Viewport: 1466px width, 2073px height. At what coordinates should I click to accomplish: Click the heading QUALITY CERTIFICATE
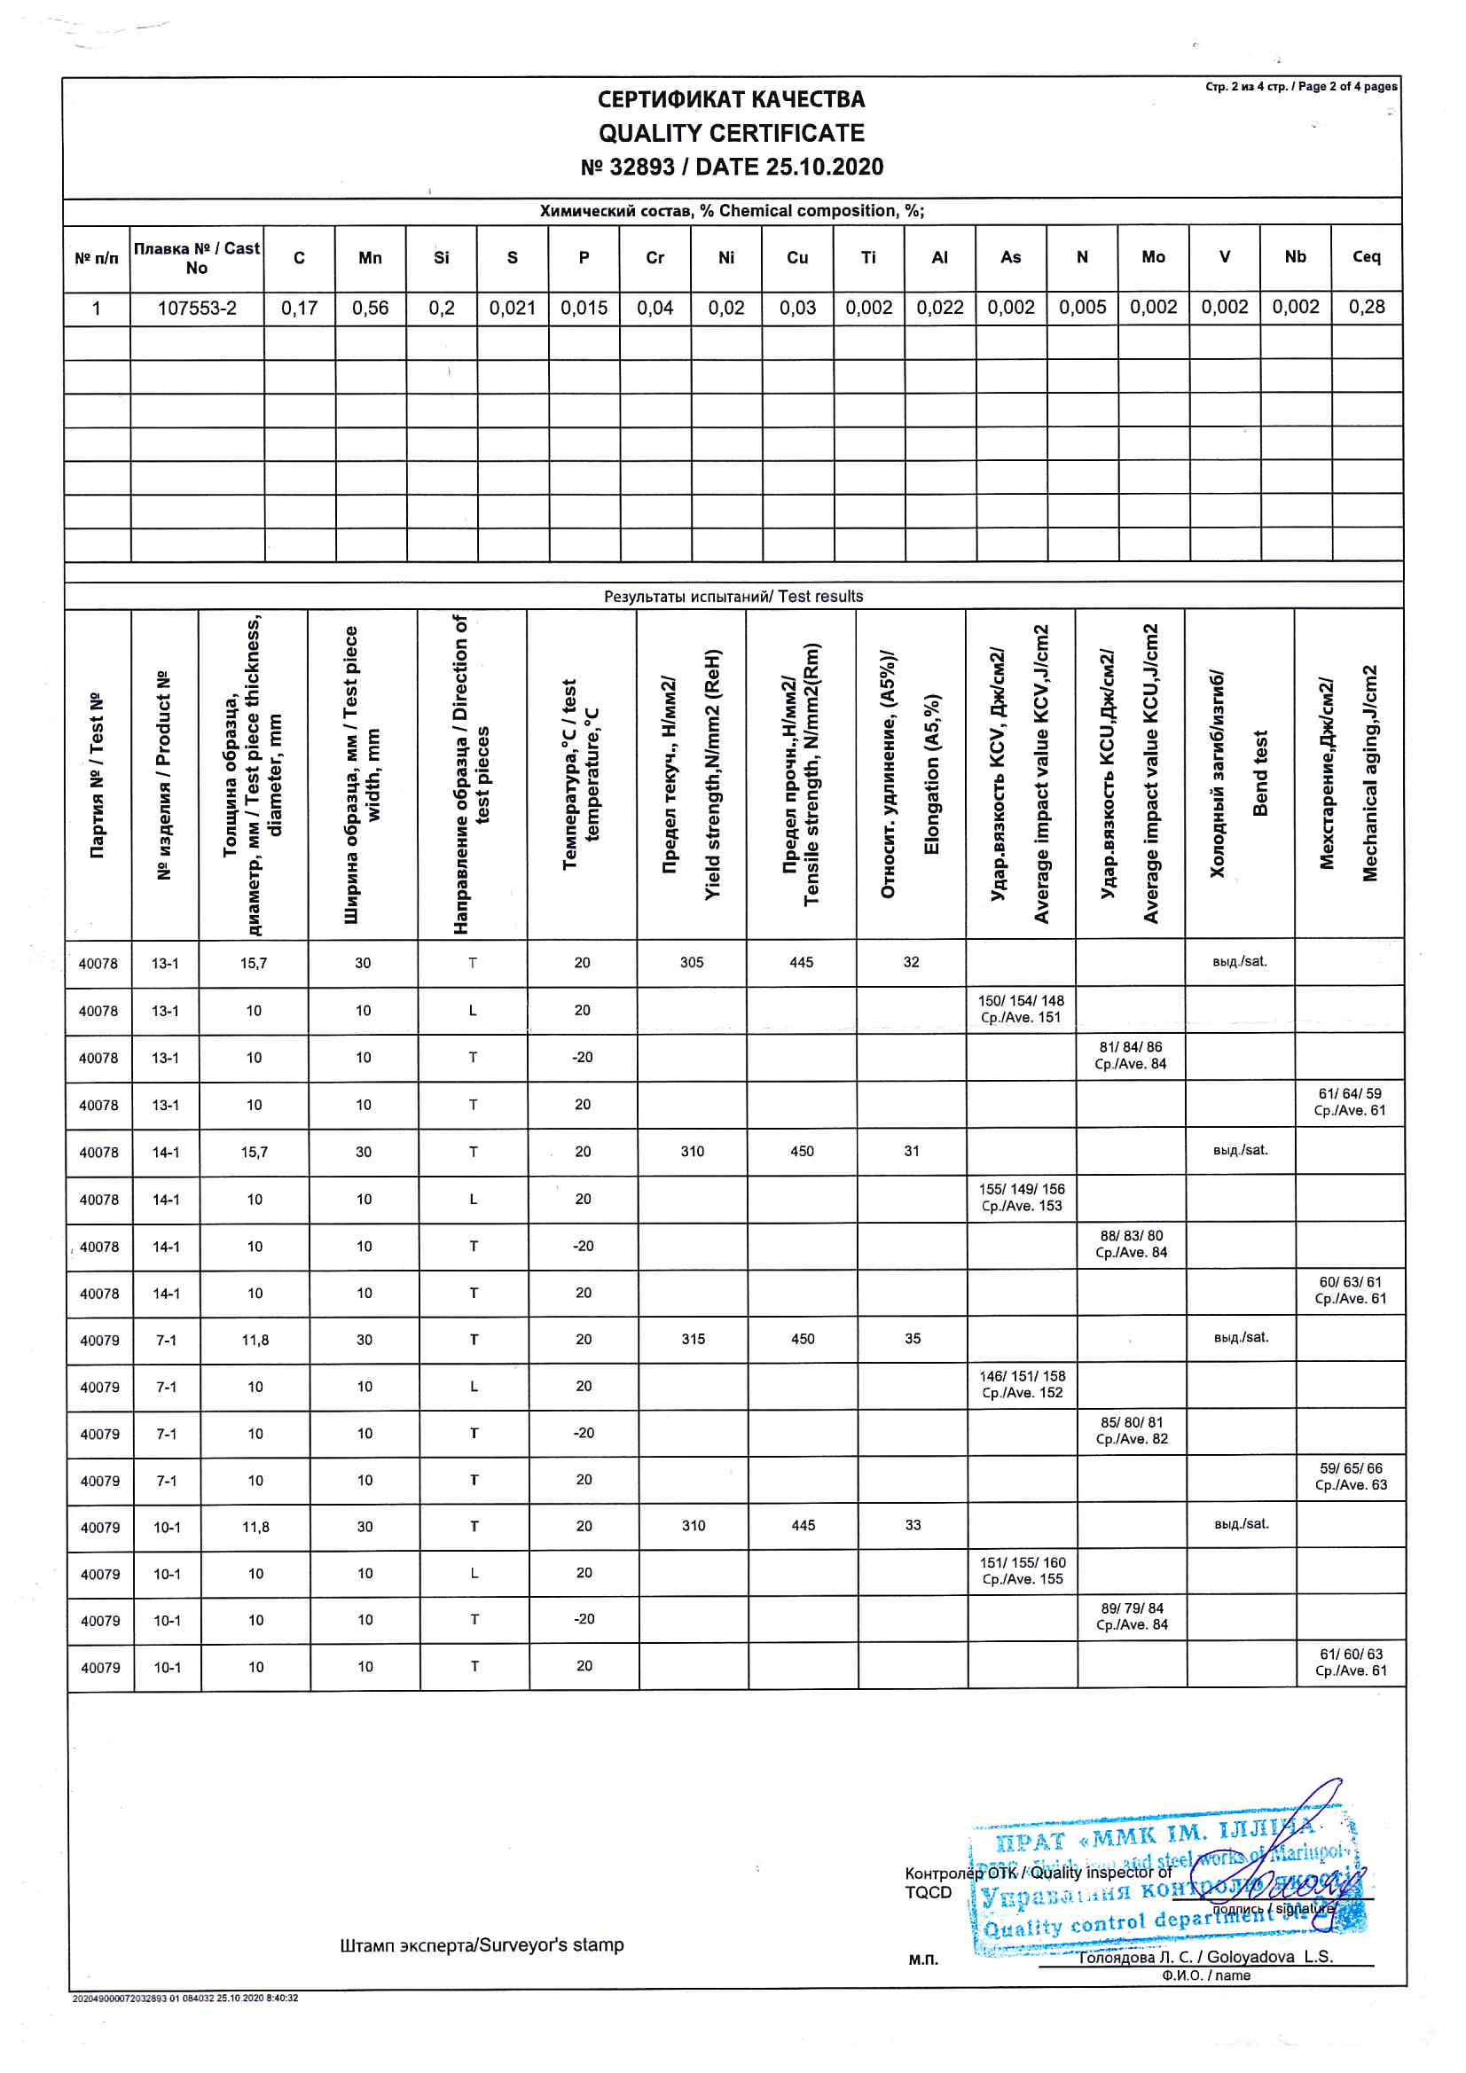click(x=731, y=134)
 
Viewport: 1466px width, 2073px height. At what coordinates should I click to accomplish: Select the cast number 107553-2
click(x=197, y=308)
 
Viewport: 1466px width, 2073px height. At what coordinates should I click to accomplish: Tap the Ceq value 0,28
click(x=1366, y=307)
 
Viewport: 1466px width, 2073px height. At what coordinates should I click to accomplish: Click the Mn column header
click(x=370, y=258)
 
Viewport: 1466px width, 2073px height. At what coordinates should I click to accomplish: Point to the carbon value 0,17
click(x=299, y=308)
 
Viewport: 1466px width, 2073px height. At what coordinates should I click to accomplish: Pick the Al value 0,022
click(x=939, y=308)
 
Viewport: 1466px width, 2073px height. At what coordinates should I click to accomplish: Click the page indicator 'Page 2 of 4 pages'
click(x=1301, y=87)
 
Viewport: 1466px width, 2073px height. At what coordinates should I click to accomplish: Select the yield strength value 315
click(x=693, y=1339)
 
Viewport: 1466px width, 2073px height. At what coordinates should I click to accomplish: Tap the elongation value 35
click(x=913, y=1339)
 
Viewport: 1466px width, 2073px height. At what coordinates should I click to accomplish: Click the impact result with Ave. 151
click(x=1021, y=1009)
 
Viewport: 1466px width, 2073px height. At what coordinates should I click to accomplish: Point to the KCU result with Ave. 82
click(x=1131, y=1431)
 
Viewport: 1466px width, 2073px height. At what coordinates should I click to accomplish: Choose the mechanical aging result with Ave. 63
click(x=1351, y=1477)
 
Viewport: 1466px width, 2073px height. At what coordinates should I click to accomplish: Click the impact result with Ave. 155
click(x=1023, y=1571)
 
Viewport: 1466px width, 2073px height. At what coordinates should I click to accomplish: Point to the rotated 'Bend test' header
click(x=1260, y=773)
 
